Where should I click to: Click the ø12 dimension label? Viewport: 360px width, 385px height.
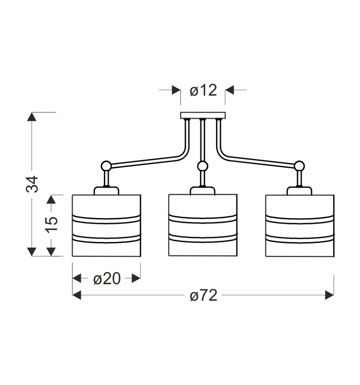click(203, 90)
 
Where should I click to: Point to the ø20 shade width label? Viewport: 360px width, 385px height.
click(107, 279)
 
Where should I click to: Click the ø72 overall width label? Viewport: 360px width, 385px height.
click(203, 295)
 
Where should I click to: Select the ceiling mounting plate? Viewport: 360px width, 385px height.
click(202, 116)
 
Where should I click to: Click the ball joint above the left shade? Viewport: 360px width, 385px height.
click(106, 166)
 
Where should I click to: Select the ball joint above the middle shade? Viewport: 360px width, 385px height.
click(202, 166)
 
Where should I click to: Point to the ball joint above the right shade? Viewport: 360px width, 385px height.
click(299, 166)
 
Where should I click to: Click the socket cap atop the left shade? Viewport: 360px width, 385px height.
click(106, 191)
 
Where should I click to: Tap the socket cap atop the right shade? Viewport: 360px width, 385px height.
click(299, 191)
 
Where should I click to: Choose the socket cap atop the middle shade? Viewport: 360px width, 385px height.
click(202, 191)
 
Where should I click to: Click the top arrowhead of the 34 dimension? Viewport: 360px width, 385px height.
click(31, 116)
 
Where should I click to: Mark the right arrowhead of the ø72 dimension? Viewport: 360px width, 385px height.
click(329, 295)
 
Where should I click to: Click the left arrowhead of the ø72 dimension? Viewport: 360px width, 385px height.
click(77, 295)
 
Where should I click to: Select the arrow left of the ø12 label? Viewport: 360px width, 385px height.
click(175, 90)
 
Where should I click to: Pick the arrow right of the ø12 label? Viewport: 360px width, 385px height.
click(230, 90)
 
